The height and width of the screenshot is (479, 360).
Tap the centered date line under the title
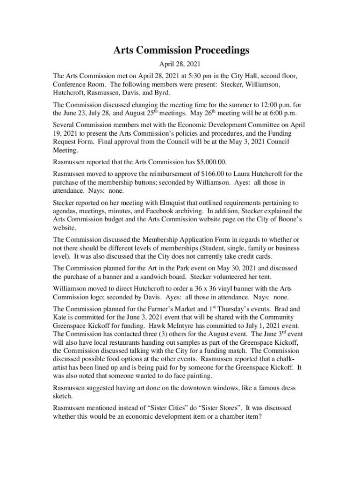coord(180,65)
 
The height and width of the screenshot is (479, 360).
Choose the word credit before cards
coord(244,257)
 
